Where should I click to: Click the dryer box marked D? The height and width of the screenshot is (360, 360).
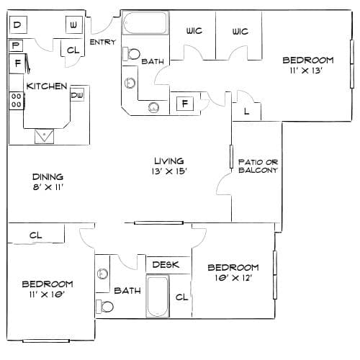click(18, 24)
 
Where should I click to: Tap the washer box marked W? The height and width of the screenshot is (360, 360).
click(74, 24)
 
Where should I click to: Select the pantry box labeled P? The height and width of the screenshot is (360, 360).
click(16, 45)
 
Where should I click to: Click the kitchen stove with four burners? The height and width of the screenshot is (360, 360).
click(17, 101)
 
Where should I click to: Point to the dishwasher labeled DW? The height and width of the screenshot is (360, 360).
click(77, 95)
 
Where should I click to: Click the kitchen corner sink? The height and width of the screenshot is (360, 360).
click(44, 136)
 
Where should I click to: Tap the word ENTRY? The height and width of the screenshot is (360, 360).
click(103, 42)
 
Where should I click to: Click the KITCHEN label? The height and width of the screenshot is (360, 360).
click(47, 86)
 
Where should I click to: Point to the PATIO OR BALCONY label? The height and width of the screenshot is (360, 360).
click(258, 166)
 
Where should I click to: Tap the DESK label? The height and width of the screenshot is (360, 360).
click(166, 265)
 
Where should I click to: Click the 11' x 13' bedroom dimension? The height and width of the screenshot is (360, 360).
click(306, 71)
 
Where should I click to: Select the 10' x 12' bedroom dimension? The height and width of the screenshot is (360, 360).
click(233, 278)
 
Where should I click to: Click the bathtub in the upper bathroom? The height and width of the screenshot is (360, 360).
click(145, 23)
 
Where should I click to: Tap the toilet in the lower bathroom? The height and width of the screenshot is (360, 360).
click(104, 307)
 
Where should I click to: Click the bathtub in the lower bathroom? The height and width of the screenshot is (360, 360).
click(158, 296)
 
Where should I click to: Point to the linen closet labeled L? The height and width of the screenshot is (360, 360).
click(246, 112)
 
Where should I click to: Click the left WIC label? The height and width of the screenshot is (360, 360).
click(194, 31)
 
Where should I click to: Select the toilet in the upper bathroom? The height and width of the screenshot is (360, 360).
click(132, 54)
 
